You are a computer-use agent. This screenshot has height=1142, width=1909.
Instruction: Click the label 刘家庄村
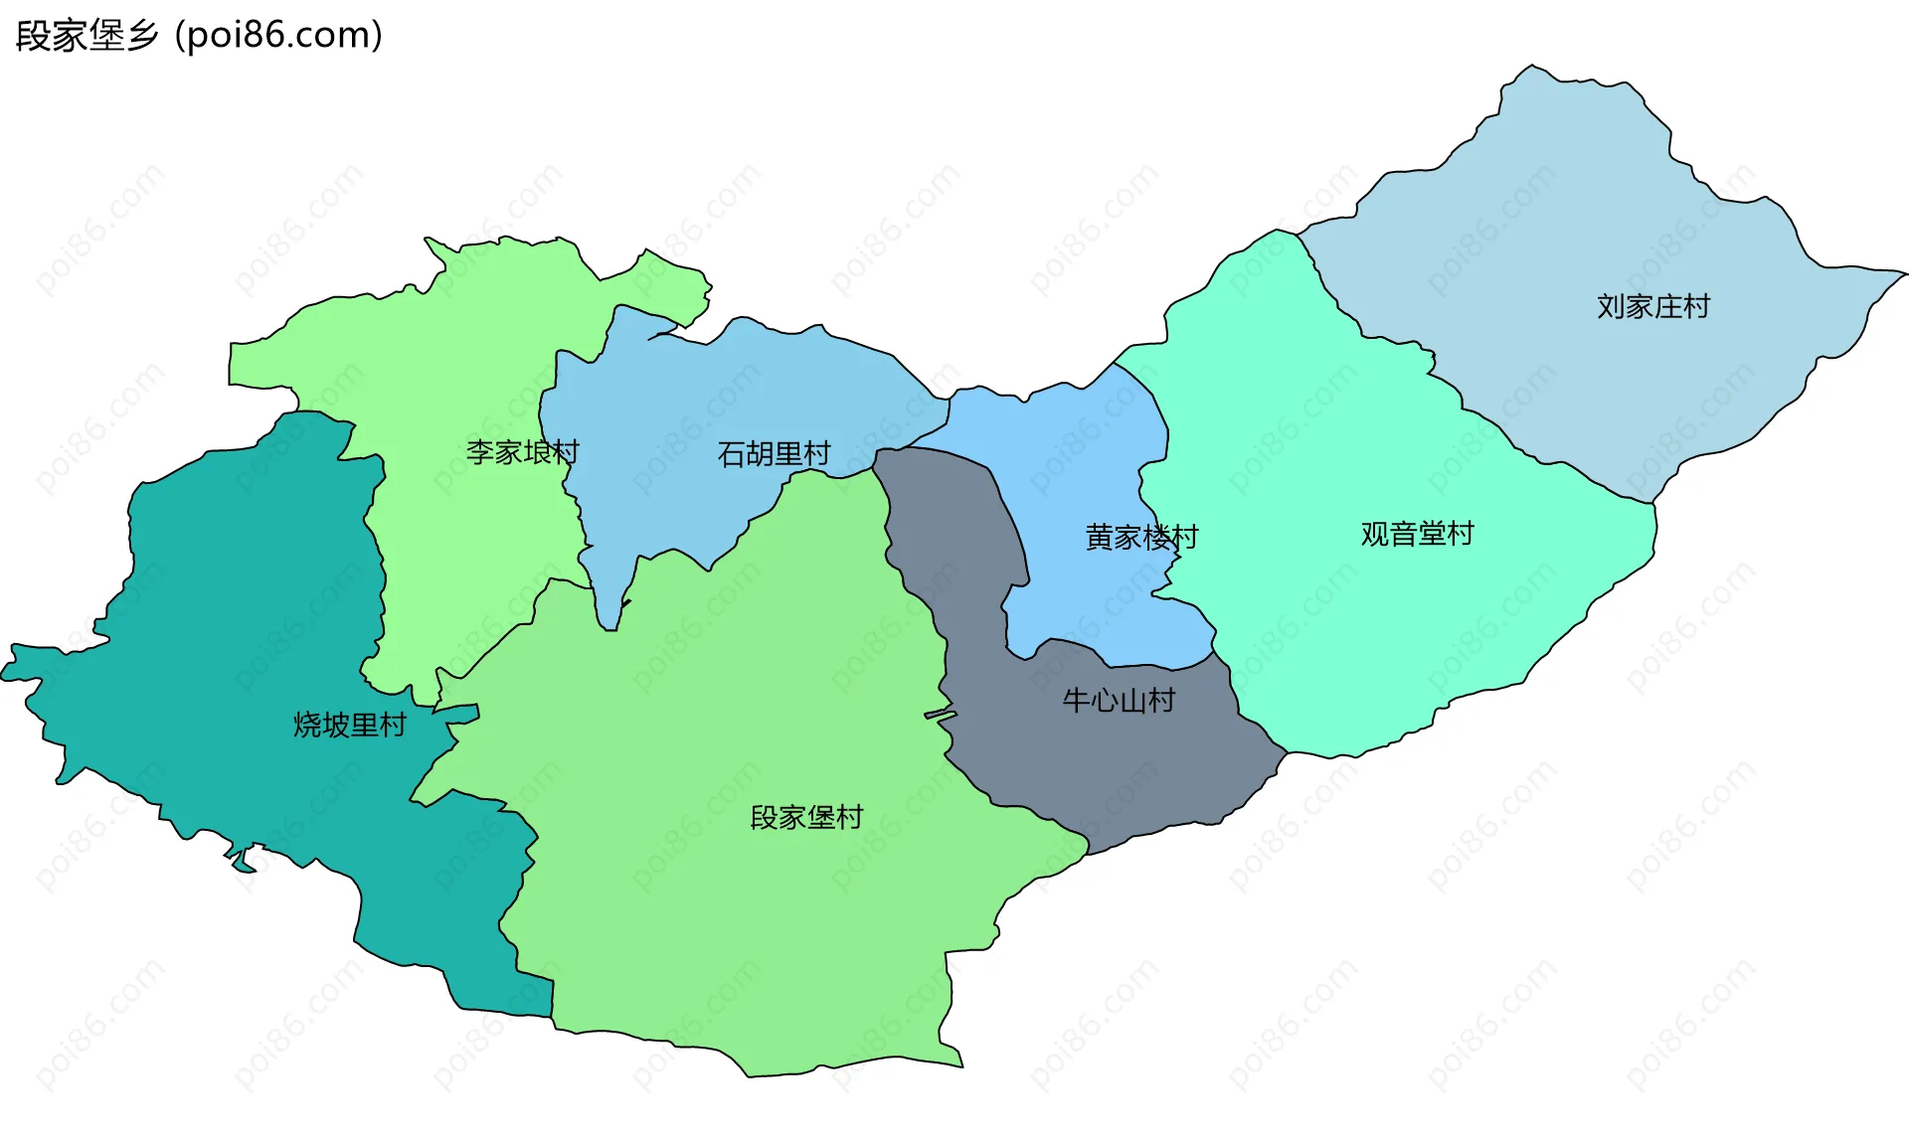(1652, 306)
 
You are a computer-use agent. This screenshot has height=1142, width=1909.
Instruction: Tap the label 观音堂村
(1417, 534)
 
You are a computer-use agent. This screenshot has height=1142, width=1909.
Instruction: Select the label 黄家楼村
(1141, 538)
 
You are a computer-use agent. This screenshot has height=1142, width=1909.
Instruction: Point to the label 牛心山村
(1119, 701)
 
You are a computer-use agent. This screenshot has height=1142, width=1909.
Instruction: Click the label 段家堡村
(806, 818)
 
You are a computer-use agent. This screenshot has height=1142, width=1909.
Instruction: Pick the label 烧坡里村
(350, 725)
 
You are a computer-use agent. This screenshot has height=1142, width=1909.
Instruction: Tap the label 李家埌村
(522, 452)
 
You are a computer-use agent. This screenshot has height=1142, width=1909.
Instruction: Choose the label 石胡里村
(774, 454)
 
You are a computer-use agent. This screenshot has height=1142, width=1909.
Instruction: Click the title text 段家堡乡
(87, 36)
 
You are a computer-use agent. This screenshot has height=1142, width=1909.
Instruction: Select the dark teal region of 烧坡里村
(229, 596)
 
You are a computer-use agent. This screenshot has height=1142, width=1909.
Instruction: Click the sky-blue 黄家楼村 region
(1074, 447)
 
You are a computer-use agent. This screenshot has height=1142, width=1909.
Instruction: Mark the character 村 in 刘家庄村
(1696, 306)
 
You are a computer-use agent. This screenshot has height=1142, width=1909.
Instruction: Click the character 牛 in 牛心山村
(1077, 701)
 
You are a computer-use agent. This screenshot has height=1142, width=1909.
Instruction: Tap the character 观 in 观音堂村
(1375, 534)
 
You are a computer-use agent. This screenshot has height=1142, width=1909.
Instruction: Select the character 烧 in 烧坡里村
(308, 725)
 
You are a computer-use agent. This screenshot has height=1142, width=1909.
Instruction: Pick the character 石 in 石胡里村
(732, 454)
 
